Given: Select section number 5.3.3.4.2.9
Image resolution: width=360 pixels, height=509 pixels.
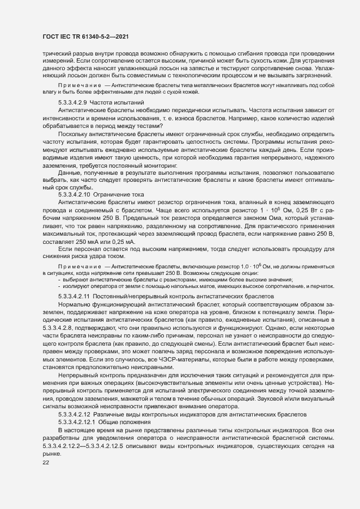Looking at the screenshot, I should pyautogui.click(x=72, y=102).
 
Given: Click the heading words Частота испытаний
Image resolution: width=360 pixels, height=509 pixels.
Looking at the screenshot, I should pyautogui.click(x=117, y=102).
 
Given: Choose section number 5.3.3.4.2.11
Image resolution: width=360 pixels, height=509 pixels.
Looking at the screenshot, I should pyautogui.click(x=73, y=296).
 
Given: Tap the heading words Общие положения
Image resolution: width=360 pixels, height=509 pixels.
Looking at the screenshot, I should pyautogui.click(x=125, y=422).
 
